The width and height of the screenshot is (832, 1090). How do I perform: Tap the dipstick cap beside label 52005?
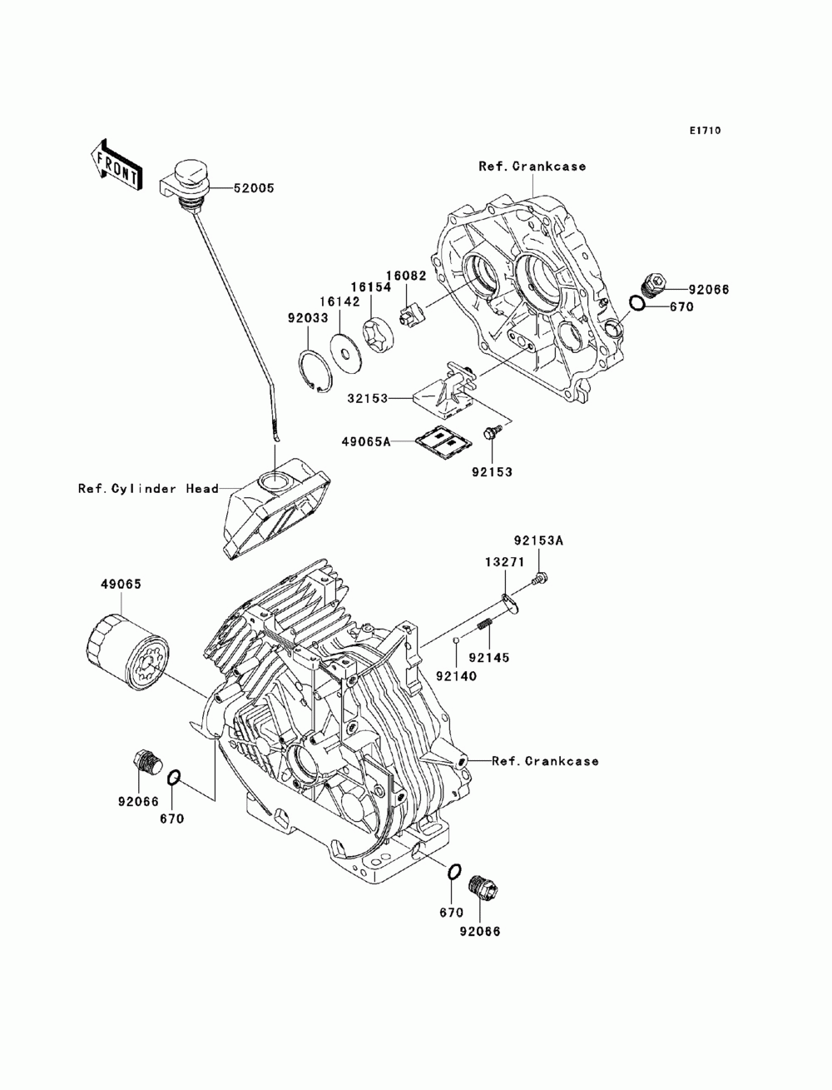[x=187, y=176]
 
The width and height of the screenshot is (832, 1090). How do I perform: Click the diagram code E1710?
[x=705, y=131]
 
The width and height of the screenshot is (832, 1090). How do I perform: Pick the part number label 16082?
[x=405, y=275]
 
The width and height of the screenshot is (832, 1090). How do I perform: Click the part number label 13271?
[x=505, y=562]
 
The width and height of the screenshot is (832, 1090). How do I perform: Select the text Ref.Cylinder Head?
[x=149, y=489]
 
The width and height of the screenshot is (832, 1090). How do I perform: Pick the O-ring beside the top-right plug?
[x=636, y=303]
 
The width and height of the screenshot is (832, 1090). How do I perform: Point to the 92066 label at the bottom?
[x=480, y=932]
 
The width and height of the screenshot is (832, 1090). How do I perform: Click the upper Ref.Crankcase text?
[x=532, y=166]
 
